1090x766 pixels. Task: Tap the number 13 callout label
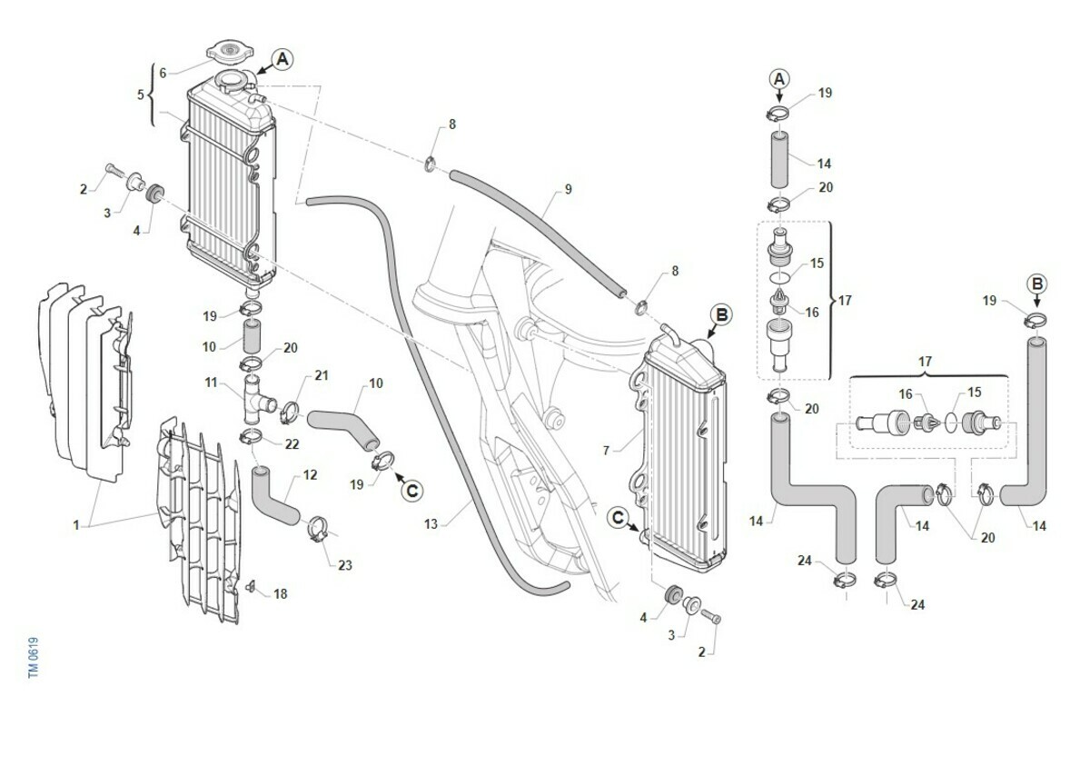[x=431, y=523]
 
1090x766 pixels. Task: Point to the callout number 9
[x=568, y=190]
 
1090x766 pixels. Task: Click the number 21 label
[x=321, y=375]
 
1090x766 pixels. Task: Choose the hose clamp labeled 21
[x=291, y=411]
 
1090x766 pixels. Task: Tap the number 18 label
[x=280, y=594]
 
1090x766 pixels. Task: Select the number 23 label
[x=344, y=565]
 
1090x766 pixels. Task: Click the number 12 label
[x=310, y=474]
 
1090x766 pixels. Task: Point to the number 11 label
[x=211, y=383]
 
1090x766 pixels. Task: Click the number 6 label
[x=163, y=73]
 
